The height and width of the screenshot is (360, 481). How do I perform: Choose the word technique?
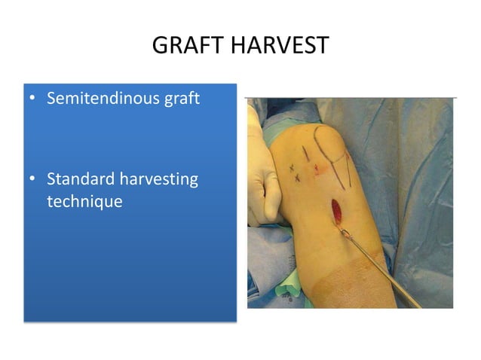(84, 201)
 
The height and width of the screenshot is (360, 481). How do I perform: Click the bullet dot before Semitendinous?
(33, 99)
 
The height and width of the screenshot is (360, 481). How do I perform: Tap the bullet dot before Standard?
(33, 180)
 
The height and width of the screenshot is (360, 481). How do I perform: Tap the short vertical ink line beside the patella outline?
(304, 155)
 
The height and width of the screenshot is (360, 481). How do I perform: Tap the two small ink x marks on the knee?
(296, 174)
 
